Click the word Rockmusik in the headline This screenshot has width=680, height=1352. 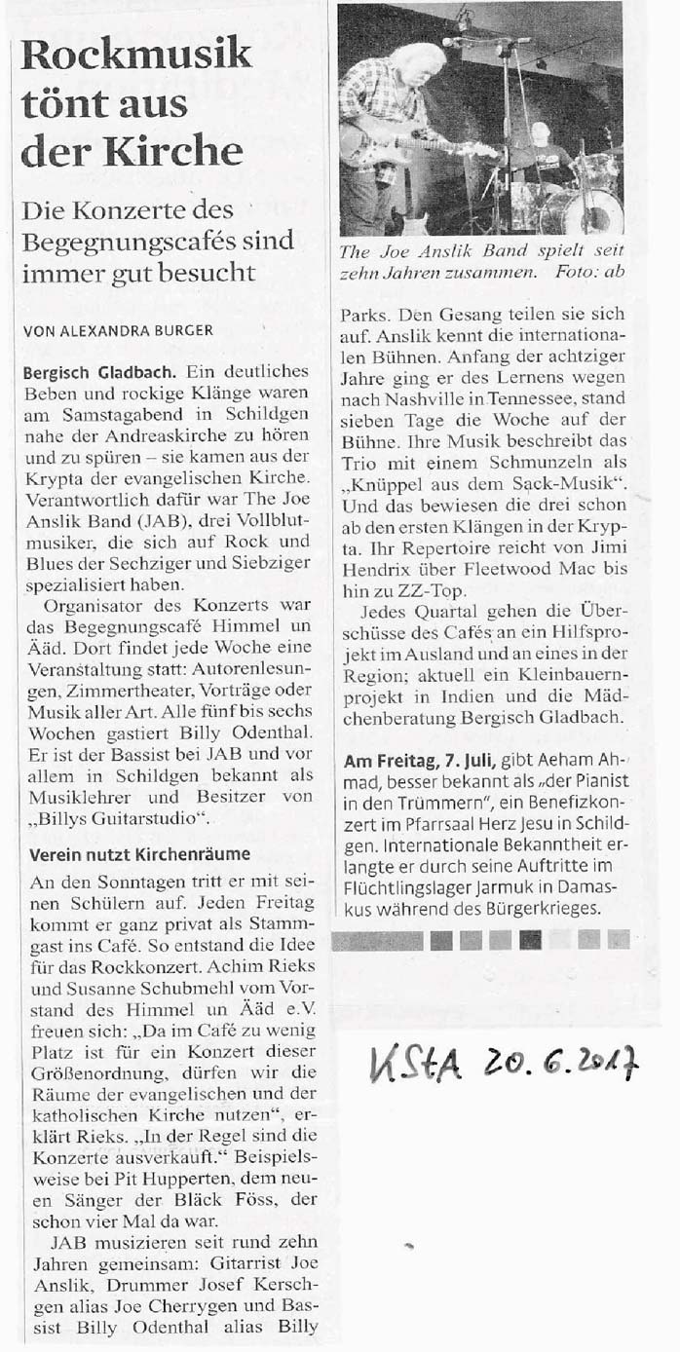(x=136, y=56)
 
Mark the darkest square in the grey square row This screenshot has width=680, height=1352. (x=531, y=939)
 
